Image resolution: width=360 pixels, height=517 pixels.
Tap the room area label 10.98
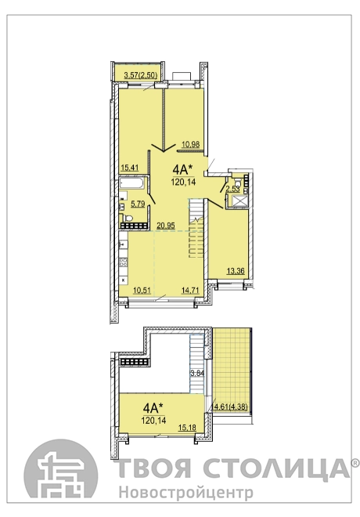(191, 144)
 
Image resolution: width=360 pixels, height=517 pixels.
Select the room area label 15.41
(129, 168)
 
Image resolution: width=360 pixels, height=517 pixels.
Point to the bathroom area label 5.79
(138, 204)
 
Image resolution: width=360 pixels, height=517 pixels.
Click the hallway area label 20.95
(166, 226)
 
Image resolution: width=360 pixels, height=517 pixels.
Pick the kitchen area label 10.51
(142, 290)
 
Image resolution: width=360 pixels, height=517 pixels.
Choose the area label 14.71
(190, 290)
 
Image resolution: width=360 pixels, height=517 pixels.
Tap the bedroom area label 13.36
(236, 271)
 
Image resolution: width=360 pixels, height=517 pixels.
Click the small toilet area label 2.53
(232, 189)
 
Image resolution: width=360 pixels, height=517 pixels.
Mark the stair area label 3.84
(198, 373)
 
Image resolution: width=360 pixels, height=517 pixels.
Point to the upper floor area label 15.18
(187, 428)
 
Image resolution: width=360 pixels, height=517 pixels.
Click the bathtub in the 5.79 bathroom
(131, 183)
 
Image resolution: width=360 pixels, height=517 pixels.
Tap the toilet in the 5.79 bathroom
(127, 218)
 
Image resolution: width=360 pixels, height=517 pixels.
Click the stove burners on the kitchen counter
(123, 262)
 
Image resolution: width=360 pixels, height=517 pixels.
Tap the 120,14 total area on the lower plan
(153, 421)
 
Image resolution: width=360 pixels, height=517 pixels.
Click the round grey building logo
(60, 473)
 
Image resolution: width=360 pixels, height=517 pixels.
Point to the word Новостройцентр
(186, 493)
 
